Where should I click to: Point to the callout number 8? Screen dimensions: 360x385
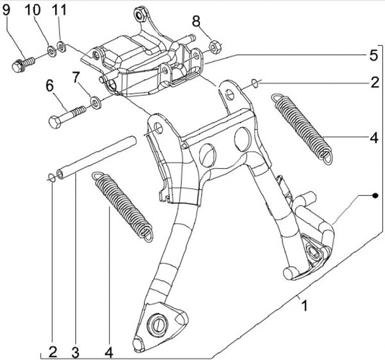coord(197,21)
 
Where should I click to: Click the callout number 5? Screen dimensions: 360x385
coord(373,55)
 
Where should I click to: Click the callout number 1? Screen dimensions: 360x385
coord(304,307)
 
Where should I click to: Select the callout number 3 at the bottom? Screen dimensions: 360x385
coord(75,352)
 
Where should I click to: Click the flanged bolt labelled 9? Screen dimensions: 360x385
coord(21,64)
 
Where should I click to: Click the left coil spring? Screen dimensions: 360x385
coord(121,203)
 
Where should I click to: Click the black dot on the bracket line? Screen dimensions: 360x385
coord(375,195)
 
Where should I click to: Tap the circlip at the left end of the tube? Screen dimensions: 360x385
coord(51,178)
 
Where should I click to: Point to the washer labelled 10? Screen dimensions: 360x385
coord(51,51)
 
